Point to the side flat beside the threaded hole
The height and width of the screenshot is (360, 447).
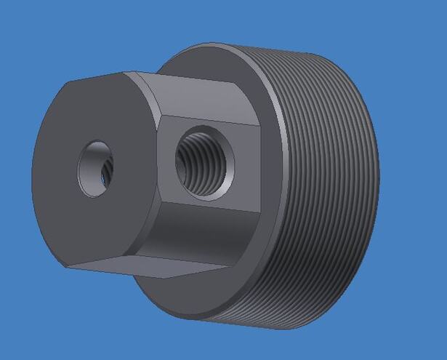point(171,211)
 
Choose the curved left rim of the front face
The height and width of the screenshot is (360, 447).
point(34,175)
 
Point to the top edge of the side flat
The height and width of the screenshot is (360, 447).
point(211,120)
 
